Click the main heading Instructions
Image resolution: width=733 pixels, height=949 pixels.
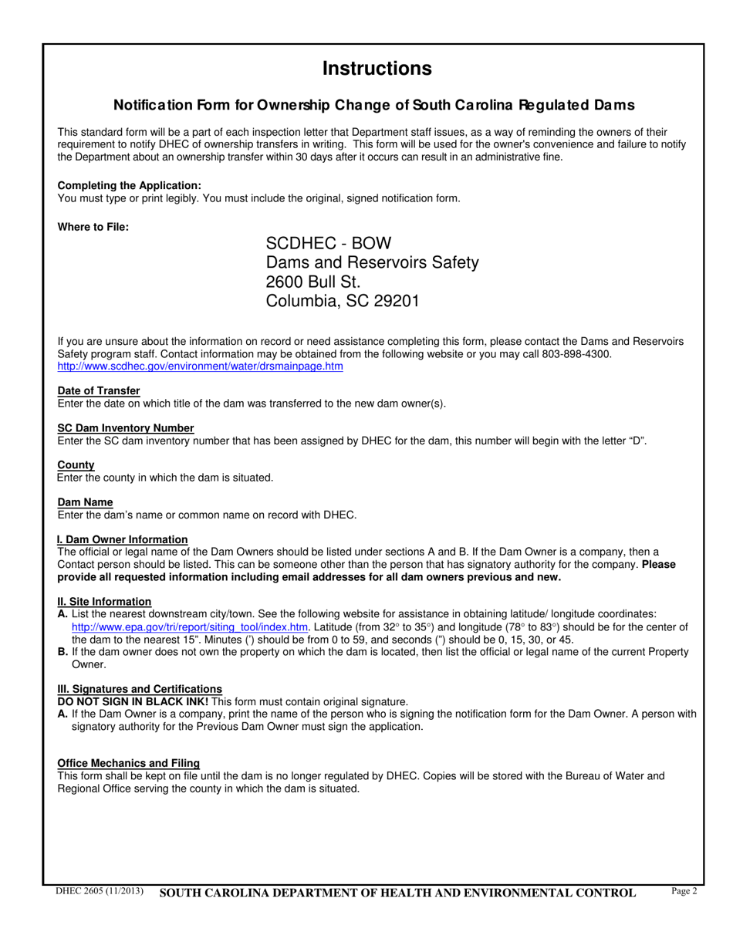click(x=377, y=69)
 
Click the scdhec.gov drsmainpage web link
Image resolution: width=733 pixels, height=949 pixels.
click(x=200, y=366)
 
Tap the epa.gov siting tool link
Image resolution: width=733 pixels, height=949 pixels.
click(x=190, y=627)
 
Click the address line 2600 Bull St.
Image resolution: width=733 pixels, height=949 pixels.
click(x=312, y=282)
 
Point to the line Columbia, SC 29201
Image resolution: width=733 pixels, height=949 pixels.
click(x=342, y=301)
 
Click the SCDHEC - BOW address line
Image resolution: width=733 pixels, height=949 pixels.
click(x=329, y=243)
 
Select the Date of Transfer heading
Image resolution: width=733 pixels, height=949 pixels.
click(x=99, y=391)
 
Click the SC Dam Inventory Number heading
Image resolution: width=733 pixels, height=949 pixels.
click(x=126, y=428)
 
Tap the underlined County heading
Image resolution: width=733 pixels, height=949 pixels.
click(x=76, y=465)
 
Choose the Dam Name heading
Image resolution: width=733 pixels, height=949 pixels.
click(x=85, y=502)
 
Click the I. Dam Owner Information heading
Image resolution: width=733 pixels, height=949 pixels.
click(x=122, y=539)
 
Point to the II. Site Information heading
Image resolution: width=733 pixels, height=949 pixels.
click(x=104, y=602)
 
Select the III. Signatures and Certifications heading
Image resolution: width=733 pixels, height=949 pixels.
click(x=140, y=689)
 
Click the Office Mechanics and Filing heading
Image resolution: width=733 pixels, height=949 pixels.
click(x=128, y=763)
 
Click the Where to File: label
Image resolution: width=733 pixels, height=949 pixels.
click(x=93, y=227)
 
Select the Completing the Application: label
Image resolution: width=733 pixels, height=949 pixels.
click(x=129, y=186)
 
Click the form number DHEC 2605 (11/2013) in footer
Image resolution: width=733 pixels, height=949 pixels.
click(x=100, y=892)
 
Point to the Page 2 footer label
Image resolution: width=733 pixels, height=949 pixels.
click(x=684, y=892)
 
